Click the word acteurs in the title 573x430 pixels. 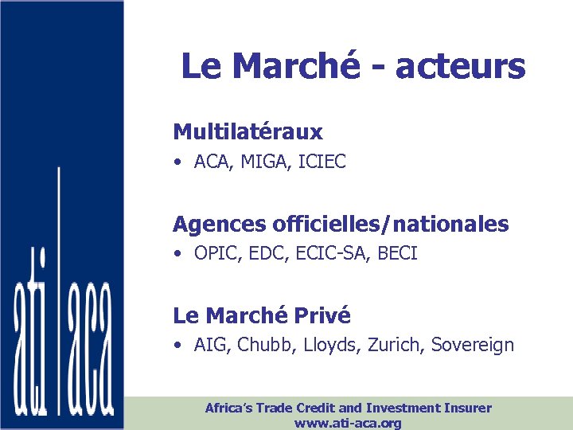pos(460,66)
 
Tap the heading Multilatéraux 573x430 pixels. pos(248,131)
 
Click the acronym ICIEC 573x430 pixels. pos(323,162)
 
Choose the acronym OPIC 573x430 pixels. pos(213,254)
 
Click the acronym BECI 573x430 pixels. pos(397,254)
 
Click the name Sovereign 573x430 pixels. pos(472,346)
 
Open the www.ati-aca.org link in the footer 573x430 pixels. pos(348,423)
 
